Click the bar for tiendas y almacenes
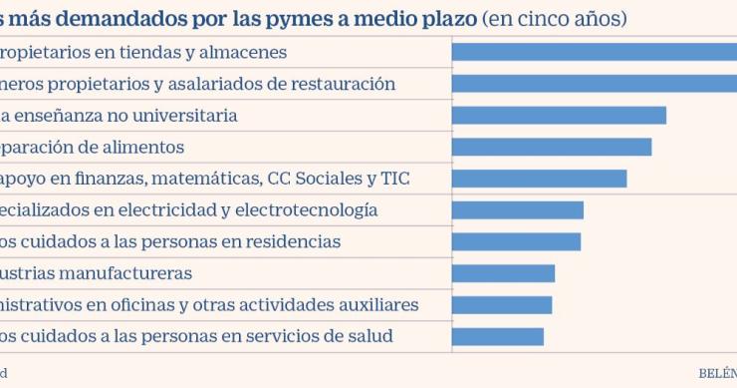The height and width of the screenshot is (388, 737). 595,52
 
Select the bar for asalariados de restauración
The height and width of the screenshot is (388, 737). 595,84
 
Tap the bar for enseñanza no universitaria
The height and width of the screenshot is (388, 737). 559,116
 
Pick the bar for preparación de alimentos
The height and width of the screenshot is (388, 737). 552,147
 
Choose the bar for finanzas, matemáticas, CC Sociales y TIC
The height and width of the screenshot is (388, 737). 539,179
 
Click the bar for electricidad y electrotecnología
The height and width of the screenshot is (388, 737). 518,210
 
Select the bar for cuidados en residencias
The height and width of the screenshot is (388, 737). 516,242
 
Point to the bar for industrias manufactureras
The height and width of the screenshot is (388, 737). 503,273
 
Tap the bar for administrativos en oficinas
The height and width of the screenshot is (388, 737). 502,305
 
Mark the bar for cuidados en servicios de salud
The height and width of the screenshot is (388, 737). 498,337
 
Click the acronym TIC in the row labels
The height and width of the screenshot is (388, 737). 395,179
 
